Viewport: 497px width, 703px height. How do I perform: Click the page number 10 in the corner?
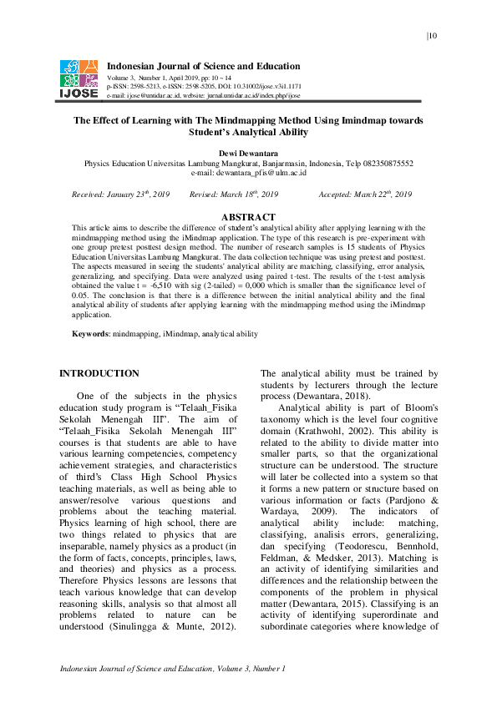point(433,35)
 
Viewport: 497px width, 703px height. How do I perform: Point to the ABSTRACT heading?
point(248,217)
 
